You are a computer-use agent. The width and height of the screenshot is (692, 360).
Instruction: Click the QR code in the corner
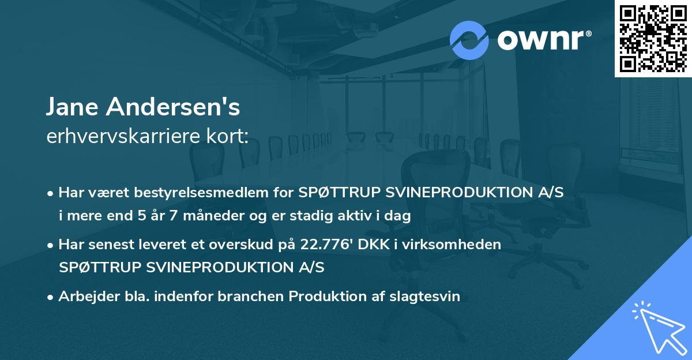tap(653, 38)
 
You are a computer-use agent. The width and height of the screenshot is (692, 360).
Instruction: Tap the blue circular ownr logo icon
tap(469, 40)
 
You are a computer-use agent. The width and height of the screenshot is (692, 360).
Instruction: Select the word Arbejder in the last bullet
tap(85, 297)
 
